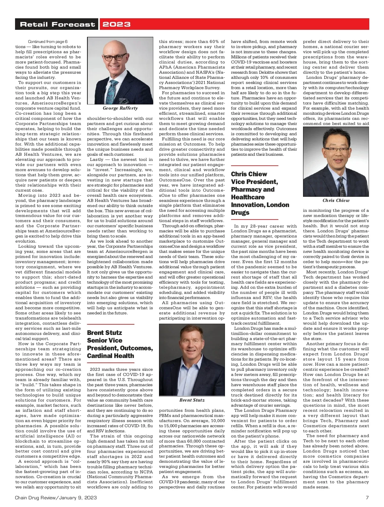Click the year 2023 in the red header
[116, 24]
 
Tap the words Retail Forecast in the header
[58, 24]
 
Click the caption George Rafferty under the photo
[120, 108]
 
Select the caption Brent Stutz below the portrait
[192, 400]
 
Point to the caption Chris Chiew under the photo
[336, 200]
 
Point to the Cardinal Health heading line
[110, 356]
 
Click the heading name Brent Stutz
[104, 333]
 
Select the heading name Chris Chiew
[249, 174]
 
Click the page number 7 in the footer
[367, 497]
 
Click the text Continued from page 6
[48, 42]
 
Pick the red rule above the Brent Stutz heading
[110, 324]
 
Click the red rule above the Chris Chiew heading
[254, 166]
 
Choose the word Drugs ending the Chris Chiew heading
[240, 212]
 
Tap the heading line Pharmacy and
[253, 189]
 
